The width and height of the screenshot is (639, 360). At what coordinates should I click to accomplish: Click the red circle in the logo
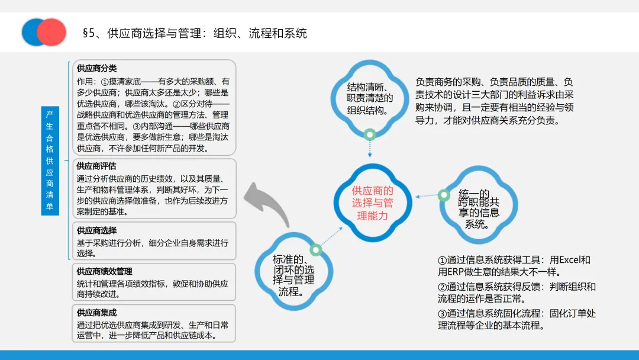[x=52, y=33]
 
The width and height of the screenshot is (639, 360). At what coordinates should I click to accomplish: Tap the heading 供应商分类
[x=96, y=68]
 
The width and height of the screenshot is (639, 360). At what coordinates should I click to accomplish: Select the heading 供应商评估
[x=96, y=166]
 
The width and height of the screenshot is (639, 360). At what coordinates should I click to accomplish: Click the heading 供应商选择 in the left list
[x=96, y=230]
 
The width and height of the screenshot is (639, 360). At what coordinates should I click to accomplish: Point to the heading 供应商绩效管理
[x=104, y=271]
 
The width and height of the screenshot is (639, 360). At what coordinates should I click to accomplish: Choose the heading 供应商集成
[x=96, y=312]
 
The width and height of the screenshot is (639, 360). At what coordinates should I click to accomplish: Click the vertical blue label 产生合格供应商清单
[x=50, y=160]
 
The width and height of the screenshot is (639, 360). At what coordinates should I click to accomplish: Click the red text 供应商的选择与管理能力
[x=372, y=203]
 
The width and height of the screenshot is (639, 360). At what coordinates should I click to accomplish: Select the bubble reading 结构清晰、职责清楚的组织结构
[x=370, y=98]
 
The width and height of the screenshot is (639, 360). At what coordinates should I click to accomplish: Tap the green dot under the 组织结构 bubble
[x=370, y=134]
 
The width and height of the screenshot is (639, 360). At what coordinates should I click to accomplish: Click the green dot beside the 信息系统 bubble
[x=444, y=194]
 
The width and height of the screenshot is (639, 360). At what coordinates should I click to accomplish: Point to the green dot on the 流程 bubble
[x=316, y=250]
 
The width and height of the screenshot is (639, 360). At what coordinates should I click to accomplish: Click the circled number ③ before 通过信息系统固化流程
[x=442, y=313]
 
